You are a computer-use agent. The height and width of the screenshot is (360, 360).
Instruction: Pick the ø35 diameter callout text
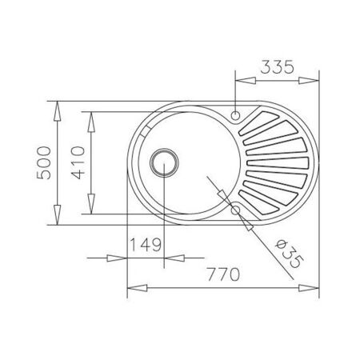click(286, 252)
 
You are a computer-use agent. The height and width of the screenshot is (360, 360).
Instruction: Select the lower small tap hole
click(236, 210)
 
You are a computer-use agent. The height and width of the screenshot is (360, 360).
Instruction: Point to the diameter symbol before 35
click(277, 242)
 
